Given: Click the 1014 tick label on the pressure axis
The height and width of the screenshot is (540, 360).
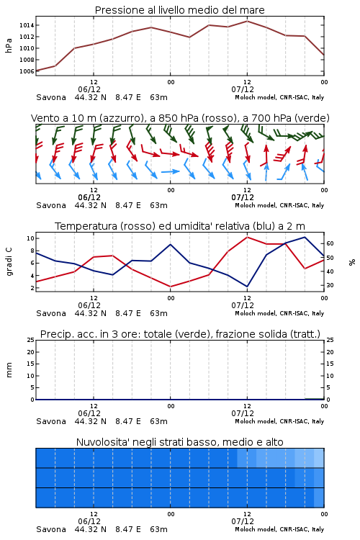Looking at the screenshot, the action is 27,25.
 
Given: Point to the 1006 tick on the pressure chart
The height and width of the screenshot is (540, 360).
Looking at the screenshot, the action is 27,71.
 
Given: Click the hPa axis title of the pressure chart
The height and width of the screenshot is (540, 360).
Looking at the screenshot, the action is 9,45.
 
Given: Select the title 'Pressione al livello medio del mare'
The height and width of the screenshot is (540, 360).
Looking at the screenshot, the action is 180,10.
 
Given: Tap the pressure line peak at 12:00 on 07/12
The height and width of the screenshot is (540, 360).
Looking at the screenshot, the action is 247,21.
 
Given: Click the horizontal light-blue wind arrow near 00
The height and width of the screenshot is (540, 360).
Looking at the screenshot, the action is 170,171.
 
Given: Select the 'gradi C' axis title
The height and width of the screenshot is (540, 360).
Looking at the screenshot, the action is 9,262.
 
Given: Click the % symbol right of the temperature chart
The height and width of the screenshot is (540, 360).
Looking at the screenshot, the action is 352,262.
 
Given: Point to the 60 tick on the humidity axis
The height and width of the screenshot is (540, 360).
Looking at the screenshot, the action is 330,243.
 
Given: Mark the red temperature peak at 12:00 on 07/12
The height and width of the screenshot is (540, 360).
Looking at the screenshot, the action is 247,237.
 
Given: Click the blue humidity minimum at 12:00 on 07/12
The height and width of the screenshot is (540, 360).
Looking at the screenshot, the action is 247,287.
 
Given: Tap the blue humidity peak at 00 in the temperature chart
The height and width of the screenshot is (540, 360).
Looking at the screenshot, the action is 170,245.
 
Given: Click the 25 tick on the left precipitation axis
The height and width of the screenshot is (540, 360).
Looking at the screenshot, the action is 31,340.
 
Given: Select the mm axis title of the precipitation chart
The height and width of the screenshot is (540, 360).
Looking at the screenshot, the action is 9,370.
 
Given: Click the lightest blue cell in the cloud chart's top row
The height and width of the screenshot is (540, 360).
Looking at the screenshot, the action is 319,458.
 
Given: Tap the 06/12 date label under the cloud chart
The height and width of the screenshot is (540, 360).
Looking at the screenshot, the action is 89,521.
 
